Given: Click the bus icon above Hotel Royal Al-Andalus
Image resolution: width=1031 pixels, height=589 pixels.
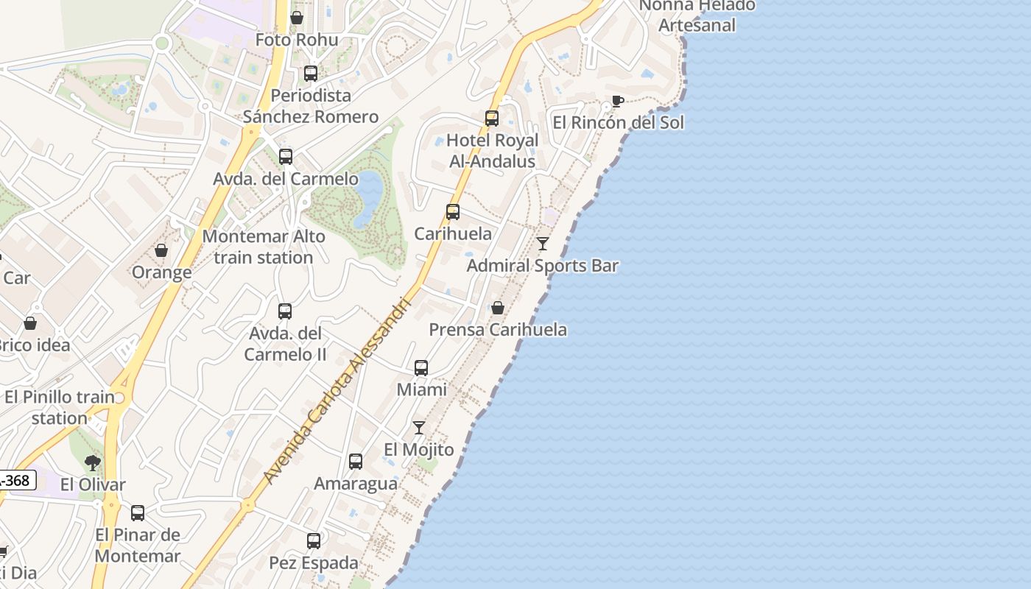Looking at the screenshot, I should (x=492, y=118).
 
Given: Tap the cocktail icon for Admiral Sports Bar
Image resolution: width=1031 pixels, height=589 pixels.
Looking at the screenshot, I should (x=543, y=243).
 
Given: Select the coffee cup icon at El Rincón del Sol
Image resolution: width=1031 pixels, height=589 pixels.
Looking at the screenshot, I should (x=617, y=101).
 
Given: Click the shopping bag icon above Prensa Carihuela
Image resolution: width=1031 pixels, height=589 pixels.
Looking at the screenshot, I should (x=498, y=307).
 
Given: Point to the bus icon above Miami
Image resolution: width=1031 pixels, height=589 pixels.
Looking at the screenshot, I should (x=421, y=367).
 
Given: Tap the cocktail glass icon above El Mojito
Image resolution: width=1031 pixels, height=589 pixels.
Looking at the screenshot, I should (x=419, y=427).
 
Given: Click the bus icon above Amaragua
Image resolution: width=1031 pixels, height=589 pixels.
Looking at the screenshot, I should (x=356, y=462).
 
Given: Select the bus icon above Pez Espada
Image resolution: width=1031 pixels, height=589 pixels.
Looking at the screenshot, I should (x=314, y=541).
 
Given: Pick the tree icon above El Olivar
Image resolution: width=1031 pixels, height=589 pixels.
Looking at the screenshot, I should (x=93, y=462).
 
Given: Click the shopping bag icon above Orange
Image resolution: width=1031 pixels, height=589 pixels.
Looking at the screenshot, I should (x=161, y=250).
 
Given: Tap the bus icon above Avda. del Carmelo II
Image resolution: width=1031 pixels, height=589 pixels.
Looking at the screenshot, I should (x=285, y=311).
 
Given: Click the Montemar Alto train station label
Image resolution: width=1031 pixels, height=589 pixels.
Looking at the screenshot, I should (x=264, y=247).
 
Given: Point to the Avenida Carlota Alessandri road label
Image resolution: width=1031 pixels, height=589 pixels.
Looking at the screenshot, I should (x=334, y=390).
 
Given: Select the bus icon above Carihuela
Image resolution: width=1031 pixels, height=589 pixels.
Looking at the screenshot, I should (x=453, y=212).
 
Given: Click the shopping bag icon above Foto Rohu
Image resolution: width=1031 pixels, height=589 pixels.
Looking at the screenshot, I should (x=297, y=18).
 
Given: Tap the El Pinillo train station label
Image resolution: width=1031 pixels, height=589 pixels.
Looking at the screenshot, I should (x=60, y=407).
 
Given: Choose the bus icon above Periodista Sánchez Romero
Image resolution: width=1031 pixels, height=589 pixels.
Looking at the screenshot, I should (x=311, y=74).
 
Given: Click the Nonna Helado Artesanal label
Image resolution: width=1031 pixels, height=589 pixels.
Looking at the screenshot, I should (x=697, y=15).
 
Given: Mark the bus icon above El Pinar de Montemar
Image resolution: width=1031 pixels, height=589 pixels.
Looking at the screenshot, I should (x=138, y=513).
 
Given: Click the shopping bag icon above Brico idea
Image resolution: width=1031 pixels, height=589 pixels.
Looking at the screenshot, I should (x=30, y=323).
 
